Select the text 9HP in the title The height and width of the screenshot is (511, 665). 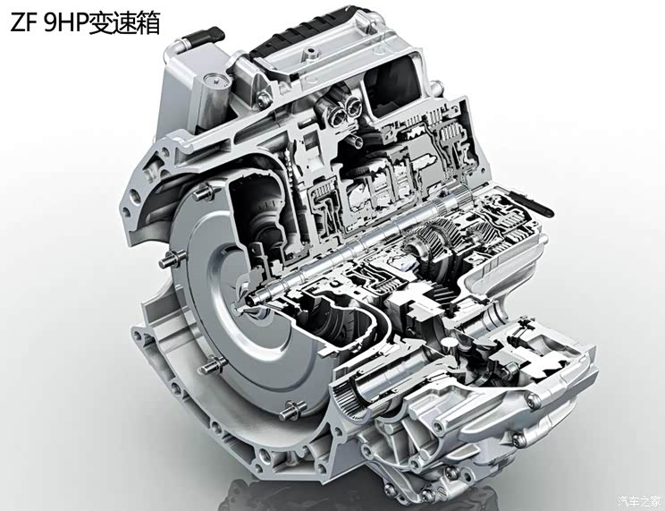pos(65,23)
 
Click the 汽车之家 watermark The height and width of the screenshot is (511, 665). pos(638,499)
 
